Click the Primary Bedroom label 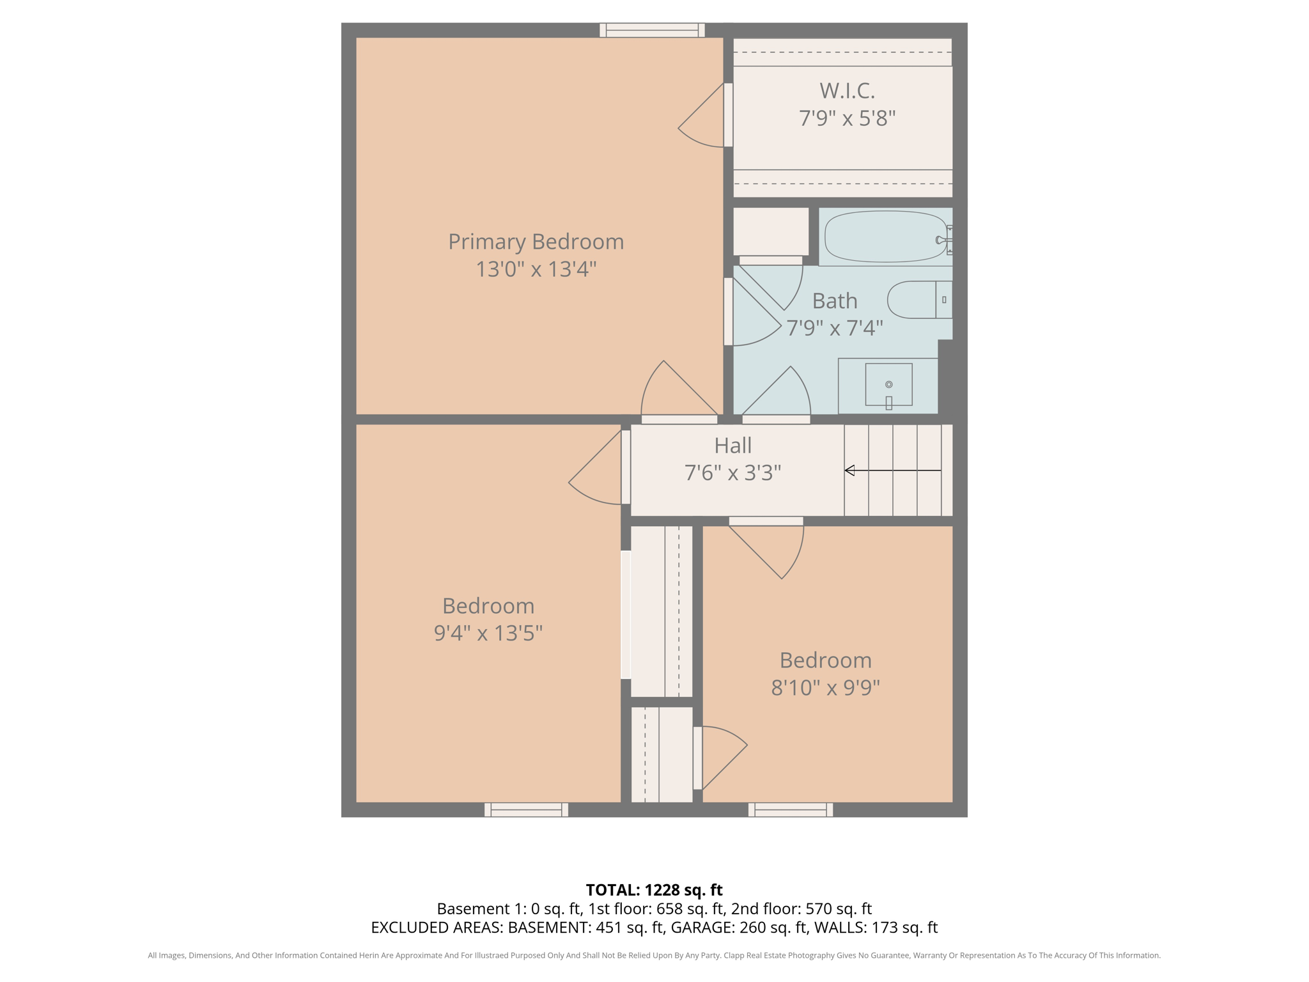tap(536, 242)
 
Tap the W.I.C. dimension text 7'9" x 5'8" tap(847, 118)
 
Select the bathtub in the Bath tap(885, 237)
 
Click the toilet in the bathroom tap(919, 299)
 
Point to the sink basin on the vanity tap(888, 384)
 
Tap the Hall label tap(732, 445)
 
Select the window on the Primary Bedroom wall tap(652, 30)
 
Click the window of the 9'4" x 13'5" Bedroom tap(526, 809)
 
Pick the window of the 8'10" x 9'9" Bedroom tap(791, 809)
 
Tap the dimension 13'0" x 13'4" tap(536, 269)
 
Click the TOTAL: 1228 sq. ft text tap(654, 890)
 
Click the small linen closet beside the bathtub tap(770, 231)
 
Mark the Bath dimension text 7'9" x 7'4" tap(834, 328)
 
